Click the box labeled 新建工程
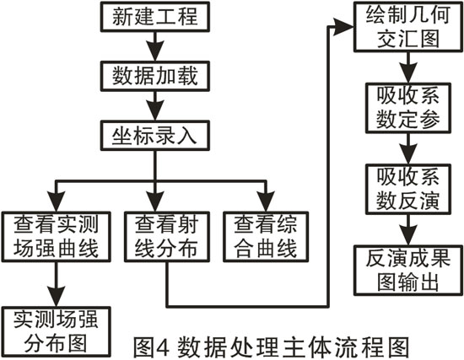(155, 17)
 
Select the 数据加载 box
(155, 76)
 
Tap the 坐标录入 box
(155, 136)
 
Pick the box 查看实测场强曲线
(57, 237)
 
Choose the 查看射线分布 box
(167, 237)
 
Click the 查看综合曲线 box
(266, 237)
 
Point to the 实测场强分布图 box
(57, 332)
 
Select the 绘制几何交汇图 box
(408, 27)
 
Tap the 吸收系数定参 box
(408, 108)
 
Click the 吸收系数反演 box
(408, 189)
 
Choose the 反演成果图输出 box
(408, 271)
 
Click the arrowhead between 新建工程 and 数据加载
(155, 51)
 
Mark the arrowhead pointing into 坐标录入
(155, 110)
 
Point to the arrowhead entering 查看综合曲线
(266, 201)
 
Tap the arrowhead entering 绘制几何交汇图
(343, 27)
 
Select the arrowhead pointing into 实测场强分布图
(57, 297)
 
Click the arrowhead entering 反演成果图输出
(408, 235)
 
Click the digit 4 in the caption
(163, 347)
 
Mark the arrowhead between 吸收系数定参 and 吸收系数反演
(408, 154)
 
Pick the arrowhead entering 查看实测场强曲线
(57, 201)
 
